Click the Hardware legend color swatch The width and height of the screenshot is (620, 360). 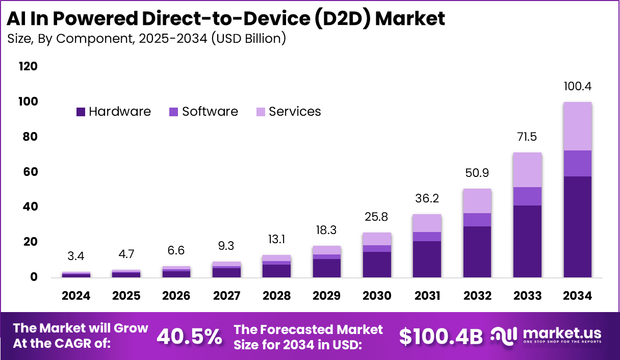pos(81,112)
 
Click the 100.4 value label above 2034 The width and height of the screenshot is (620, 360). pos(577,86)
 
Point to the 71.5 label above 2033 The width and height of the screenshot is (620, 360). pos(527,137)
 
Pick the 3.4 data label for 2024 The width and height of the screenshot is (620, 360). pos(76,256)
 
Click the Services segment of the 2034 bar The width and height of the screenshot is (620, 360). pos(577,126)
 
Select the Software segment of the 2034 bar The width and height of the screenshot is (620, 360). pos(577,163)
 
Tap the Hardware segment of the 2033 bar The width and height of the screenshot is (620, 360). pos(527,241)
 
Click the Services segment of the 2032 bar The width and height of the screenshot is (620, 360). pos(477,201)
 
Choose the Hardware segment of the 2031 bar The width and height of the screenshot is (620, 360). pos(427,259)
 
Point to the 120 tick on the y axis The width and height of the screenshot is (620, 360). pos(28,67)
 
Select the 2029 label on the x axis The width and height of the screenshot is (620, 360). pos(327,296)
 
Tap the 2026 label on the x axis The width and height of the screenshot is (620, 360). pos(176,296)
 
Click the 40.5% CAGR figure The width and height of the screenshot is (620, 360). pos(189,337)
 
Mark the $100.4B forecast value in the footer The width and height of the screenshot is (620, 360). pos(441,337)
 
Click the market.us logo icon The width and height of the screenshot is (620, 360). pos(504,335)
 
